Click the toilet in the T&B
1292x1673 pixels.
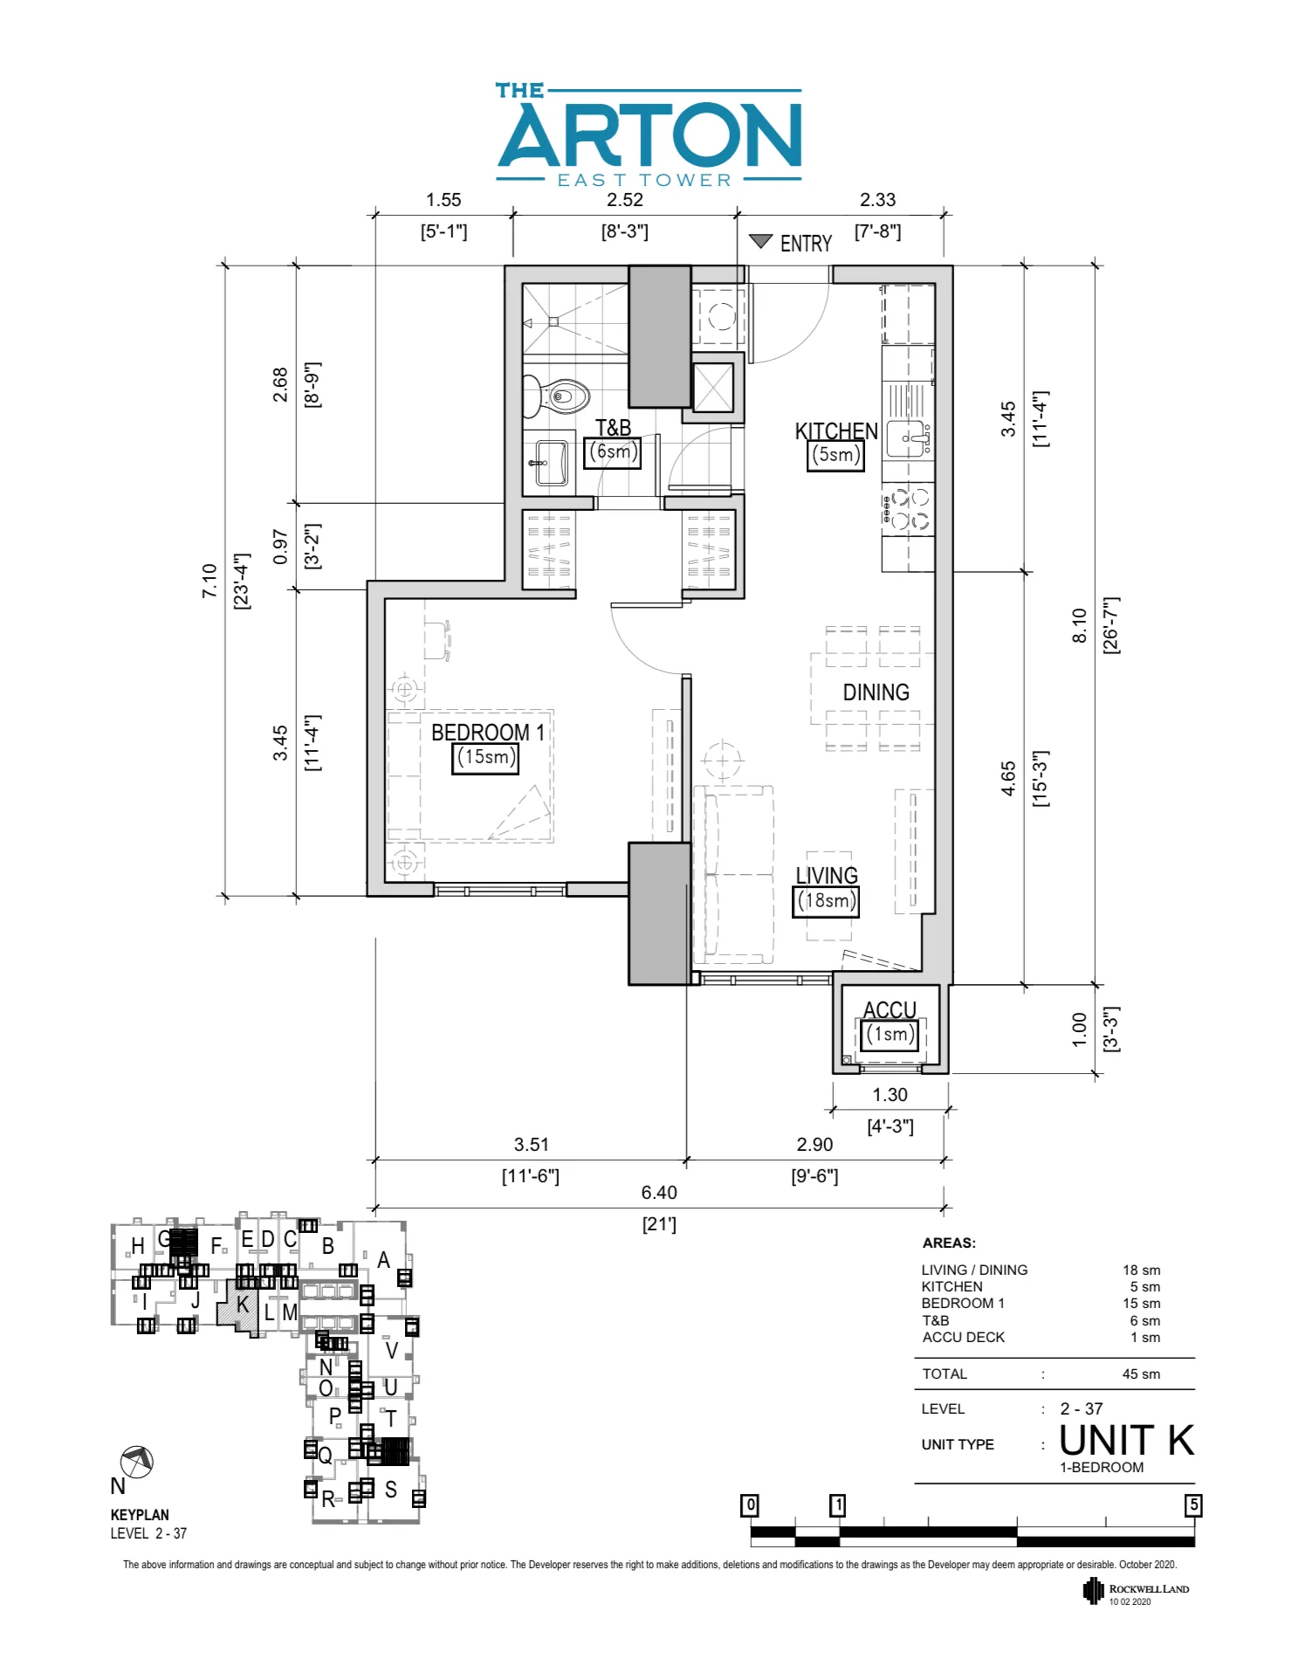560,397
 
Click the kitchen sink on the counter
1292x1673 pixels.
907,438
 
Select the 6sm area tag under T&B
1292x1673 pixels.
613,452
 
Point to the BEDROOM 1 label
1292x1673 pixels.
487,732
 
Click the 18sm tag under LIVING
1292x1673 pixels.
826,901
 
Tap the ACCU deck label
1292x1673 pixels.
890,1009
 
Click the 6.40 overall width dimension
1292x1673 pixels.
659,1192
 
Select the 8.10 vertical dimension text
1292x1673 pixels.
1079,625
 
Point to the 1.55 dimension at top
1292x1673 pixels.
443,200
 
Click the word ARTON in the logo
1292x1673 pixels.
650,135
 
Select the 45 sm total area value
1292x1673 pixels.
1140,1374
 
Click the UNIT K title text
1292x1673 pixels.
1126,1440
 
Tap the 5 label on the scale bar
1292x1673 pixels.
1192,1504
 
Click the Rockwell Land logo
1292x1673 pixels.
1136,1591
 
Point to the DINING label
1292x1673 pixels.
876,692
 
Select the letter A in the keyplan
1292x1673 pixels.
383,1260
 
